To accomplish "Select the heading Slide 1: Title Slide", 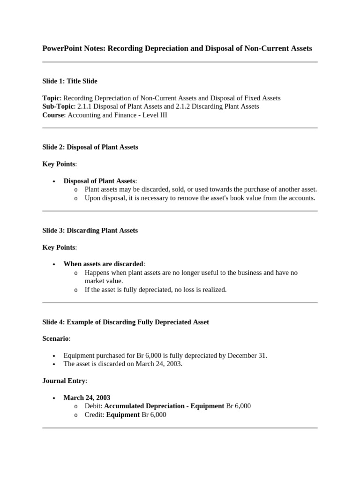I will coord(70,81).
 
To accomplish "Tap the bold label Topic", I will coord(51,98).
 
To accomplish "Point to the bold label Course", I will coord(53,115).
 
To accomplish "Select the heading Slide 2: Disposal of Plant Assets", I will coord(90,147).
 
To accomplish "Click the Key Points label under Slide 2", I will coord(59,164).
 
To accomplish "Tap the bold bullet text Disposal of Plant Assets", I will coord(99,181).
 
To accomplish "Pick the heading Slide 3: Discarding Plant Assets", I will coord(90,230).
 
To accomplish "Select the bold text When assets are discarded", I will coord(104,264).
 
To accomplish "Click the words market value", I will coord(104,281).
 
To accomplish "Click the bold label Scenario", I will coord(55,338).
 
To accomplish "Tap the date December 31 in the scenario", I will coord(247,355).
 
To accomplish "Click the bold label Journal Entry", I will coord(64,381).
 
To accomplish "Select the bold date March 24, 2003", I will coord(87,397).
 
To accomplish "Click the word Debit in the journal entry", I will coord(93,406).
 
